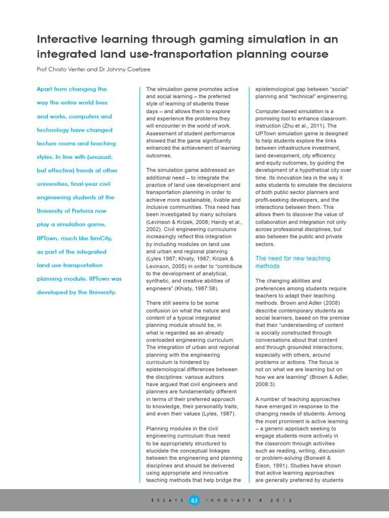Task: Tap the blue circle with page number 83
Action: pos(194,500)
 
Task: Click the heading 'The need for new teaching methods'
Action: pos(292,262)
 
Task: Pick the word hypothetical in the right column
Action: pos(317,170)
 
